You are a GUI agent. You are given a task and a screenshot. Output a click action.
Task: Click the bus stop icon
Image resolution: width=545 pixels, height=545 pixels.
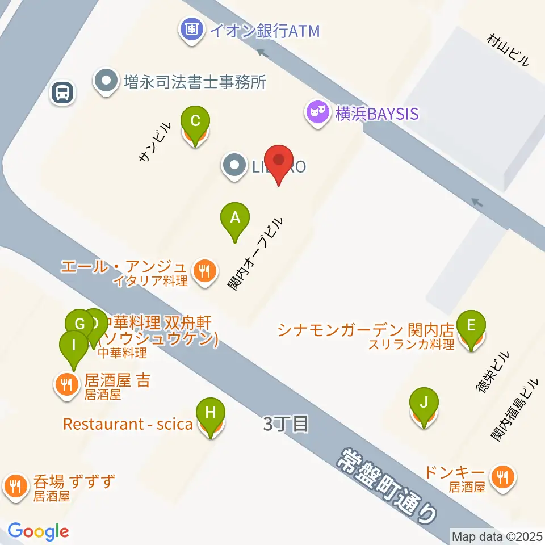click(62, 92)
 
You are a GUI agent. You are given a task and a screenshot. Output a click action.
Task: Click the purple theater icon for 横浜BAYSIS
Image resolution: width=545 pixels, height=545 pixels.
click(317, 113)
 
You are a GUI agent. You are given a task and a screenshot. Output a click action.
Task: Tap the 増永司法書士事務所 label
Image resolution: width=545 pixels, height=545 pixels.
click(195, 82)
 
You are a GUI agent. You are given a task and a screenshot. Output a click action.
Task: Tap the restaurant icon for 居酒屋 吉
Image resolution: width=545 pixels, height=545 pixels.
click(67, 385)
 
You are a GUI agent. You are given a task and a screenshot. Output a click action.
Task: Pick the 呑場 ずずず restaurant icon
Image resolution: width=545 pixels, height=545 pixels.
click(15, 485)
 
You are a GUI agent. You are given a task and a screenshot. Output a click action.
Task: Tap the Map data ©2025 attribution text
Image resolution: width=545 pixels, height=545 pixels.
click(496, 535)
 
